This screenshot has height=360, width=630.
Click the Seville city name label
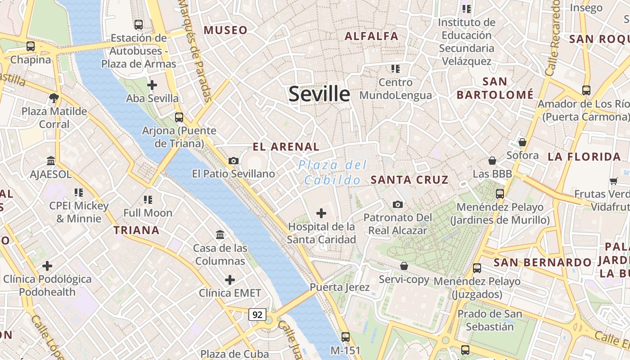(319, 94)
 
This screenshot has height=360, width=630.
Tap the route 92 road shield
(257, 315)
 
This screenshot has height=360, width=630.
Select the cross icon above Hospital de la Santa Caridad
(321, 213)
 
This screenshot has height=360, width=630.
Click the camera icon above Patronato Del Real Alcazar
(398, 205)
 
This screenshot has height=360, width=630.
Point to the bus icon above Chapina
(31, 46)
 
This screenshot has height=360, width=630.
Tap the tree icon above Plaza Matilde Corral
(54, 98)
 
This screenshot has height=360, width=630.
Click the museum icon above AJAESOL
(51, 161)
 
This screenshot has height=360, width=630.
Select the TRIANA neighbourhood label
(136, 230)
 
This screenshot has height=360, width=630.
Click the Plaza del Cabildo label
(333, 173)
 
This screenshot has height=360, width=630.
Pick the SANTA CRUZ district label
(409, 180)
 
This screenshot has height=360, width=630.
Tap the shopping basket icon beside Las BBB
(492, 161)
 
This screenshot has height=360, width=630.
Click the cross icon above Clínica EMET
(230, 280)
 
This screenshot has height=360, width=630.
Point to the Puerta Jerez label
(339, 287)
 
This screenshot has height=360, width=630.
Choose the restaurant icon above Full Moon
(148, 199)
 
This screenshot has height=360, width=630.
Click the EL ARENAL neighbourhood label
(286, 147)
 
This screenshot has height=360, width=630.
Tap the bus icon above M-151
(346, 337)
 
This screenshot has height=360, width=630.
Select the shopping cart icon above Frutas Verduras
(613, 181)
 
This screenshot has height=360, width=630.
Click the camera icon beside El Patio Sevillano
(234, 161)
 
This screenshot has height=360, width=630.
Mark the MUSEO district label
(225, 30)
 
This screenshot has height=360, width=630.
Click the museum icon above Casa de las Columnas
(220, 234)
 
